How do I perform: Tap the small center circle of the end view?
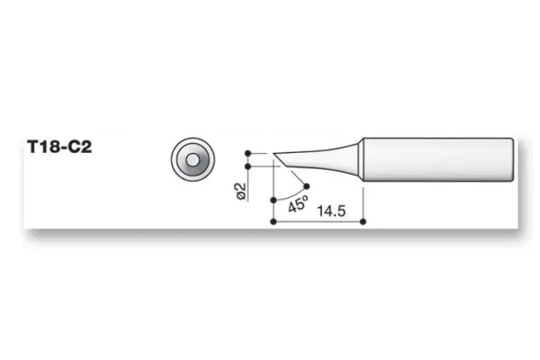click(192, 160)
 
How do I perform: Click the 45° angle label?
click(297, 203)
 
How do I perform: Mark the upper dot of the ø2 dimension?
click(248, 153)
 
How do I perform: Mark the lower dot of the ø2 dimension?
click(248, 166)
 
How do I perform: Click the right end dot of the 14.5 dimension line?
click(361, 220)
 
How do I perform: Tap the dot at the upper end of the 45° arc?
click(308, 187)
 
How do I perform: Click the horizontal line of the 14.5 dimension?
click(315, 220)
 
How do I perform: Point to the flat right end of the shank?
click(514, 157)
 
